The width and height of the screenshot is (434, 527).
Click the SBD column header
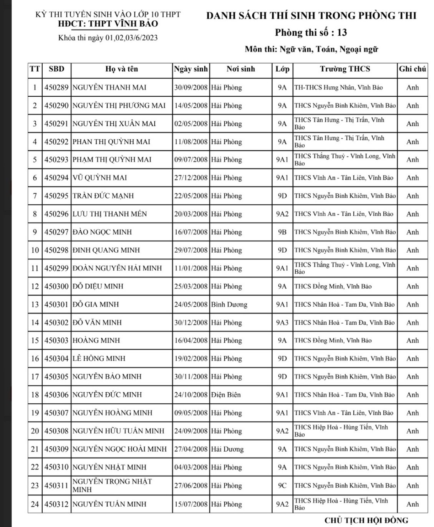(56, 69)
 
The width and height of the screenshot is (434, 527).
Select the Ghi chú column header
(412, 69)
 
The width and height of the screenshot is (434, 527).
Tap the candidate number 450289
(56, 88)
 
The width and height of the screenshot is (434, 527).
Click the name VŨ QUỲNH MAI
(99, 178)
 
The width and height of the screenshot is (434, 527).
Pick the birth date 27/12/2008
(190, 178)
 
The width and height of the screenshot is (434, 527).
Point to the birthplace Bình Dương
(229, 304)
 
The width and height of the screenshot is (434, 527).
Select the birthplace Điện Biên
(226, 395)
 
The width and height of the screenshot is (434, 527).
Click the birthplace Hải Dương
(227, 449)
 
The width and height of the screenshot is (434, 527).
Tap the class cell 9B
(282, 232)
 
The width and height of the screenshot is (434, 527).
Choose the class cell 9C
(282, 486)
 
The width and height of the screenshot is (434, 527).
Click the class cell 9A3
(282, 323)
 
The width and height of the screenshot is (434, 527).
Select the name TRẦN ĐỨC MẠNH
(103, 196)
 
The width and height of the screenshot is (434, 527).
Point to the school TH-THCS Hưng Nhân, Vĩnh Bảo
(338, 88)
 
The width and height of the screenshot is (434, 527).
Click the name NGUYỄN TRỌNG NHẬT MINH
(112, 485)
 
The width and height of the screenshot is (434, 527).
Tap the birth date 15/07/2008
(190, 504)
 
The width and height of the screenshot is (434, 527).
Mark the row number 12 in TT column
(35, 286)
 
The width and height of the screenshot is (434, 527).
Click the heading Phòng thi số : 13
(311, 33)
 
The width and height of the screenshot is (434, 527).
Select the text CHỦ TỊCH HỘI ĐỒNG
(366, 520)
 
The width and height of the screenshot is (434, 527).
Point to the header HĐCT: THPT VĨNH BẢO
(108, 24)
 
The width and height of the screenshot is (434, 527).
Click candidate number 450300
(56, 286)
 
